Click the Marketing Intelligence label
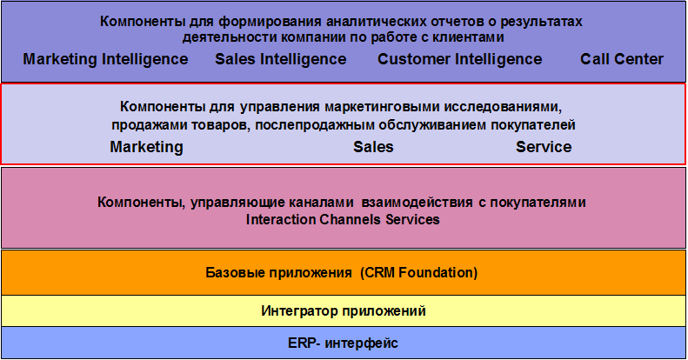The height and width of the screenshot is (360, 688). click(105, 60)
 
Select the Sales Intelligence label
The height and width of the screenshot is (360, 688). click(280, 60)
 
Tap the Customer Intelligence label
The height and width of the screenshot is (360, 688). click(460, 60)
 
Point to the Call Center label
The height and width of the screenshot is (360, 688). click(622, 59)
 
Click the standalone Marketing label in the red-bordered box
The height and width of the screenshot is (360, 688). click(146, 147)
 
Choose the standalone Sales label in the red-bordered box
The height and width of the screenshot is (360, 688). click(373, 147)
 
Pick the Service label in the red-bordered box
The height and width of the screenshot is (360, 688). click(544, 147)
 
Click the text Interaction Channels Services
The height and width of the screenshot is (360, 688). click(343, 219)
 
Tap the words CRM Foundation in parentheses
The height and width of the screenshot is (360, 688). click(419, 273)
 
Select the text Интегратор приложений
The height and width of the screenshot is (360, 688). click(344, 311)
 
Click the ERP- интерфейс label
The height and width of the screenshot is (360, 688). click(343, 343)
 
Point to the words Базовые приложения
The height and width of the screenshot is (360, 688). click(278, 273)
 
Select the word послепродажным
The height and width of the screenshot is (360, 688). click(315, 125)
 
